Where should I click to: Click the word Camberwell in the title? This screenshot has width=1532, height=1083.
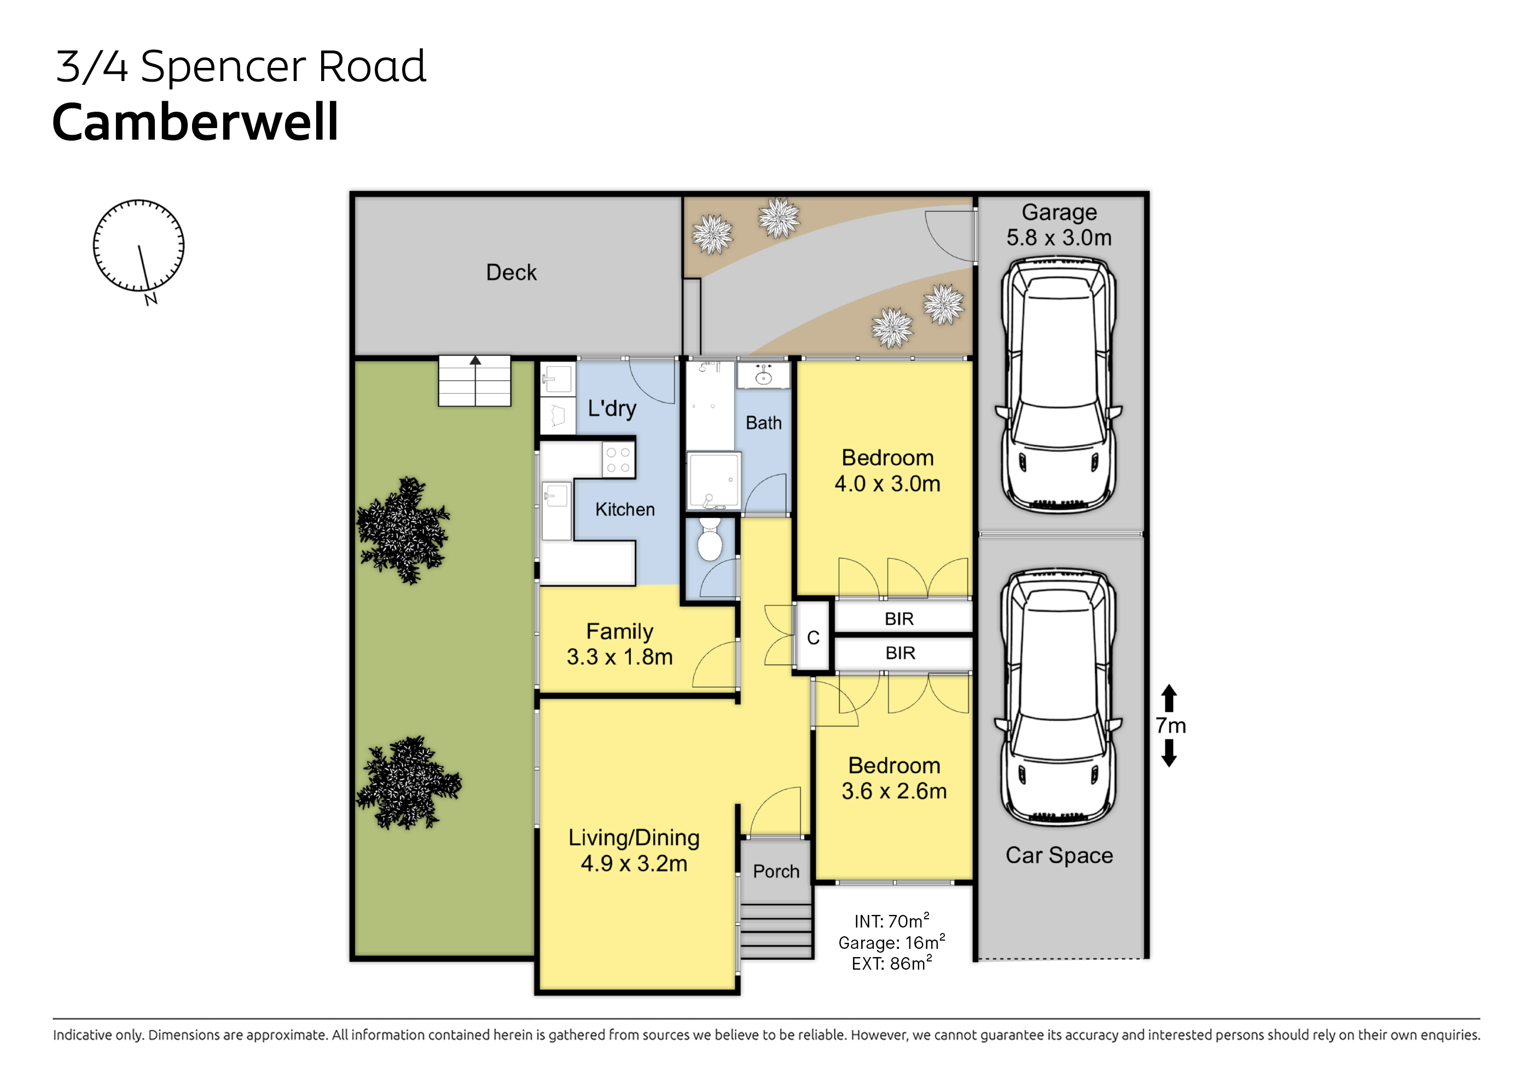(195, 122)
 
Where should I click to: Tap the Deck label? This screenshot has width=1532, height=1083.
(511, 273)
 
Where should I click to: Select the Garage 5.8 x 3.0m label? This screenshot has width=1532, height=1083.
(1059, 224)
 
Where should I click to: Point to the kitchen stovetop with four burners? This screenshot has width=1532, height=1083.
(618, 460)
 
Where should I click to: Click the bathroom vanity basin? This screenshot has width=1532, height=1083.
(763, 376)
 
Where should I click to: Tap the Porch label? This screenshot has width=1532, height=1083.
(776, 871)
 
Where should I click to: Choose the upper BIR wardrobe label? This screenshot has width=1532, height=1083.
(899, 619)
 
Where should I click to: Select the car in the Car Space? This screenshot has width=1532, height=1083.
(1059, 698)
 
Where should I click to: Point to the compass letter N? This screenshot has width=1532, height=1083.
(152, 299)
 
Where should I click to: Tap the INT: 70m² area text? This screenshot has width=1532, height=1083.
(891, 921)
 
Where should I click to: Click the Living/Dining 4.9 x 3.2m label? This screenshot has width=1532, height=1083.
(634, 850)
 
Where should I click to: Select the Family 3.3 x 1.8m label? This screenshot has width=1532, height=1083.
(620, 644)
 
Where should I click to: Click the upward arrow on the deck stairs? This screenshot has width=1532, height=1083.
(475, 361)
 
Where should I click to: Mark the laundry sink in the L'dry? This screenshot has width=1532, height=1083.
(557, 378)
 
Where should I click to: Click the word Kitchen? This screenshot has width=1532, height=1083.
(625, 509)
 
